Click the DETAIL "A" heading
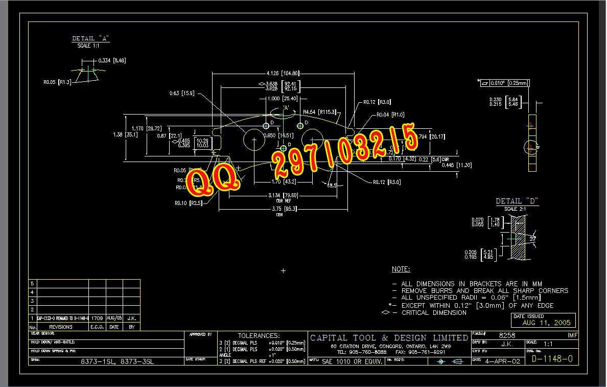pyautogui.click(x=91, y=38)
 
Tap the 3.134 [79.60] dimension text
pyautogui.click(x=283, y=195)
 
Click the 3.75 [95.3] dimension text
pyautogui.click(x=279, y=209)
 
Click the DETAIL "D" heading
pyautogui.click(x=517, y=201)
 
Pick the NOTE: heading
pyautogui.click(x=401, y=269)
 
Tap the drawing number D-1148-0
pyautogui.click(x=552, y=359)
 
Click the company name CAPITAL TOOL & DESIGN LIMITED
pyautogui.click(x=389, y=337)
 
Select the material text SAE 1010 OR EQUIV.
pyautogui.click(x=352, y=361)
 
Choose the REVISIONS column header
pyautogui.click(x=60, y=327)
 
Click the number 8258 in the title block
pyautogui.click(x=507, y=335)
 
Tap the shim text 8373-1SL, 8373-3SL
pyautogui.click(x=117, y=361)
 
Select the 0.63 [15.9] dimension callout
pyautogui.click(x=181, y=94)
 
